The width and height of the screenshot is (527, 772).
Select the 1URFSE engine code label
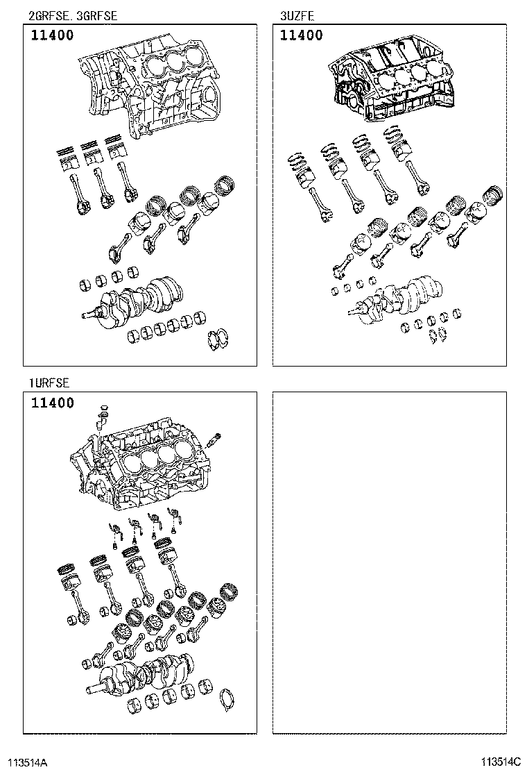point(49,383)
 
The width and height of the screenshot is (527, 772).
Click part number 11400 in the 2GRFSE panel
point(52,36)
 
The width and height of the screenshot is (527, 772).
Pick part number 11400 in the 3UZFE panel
point(302,36)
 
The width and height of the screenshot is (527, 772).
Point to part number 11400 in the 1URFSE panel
point(52,403)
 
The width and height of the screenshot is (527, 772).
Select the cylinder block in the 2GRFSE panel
point(149,87)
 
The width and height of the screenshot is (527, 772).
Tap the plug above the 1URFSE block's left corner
point(103,412)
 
